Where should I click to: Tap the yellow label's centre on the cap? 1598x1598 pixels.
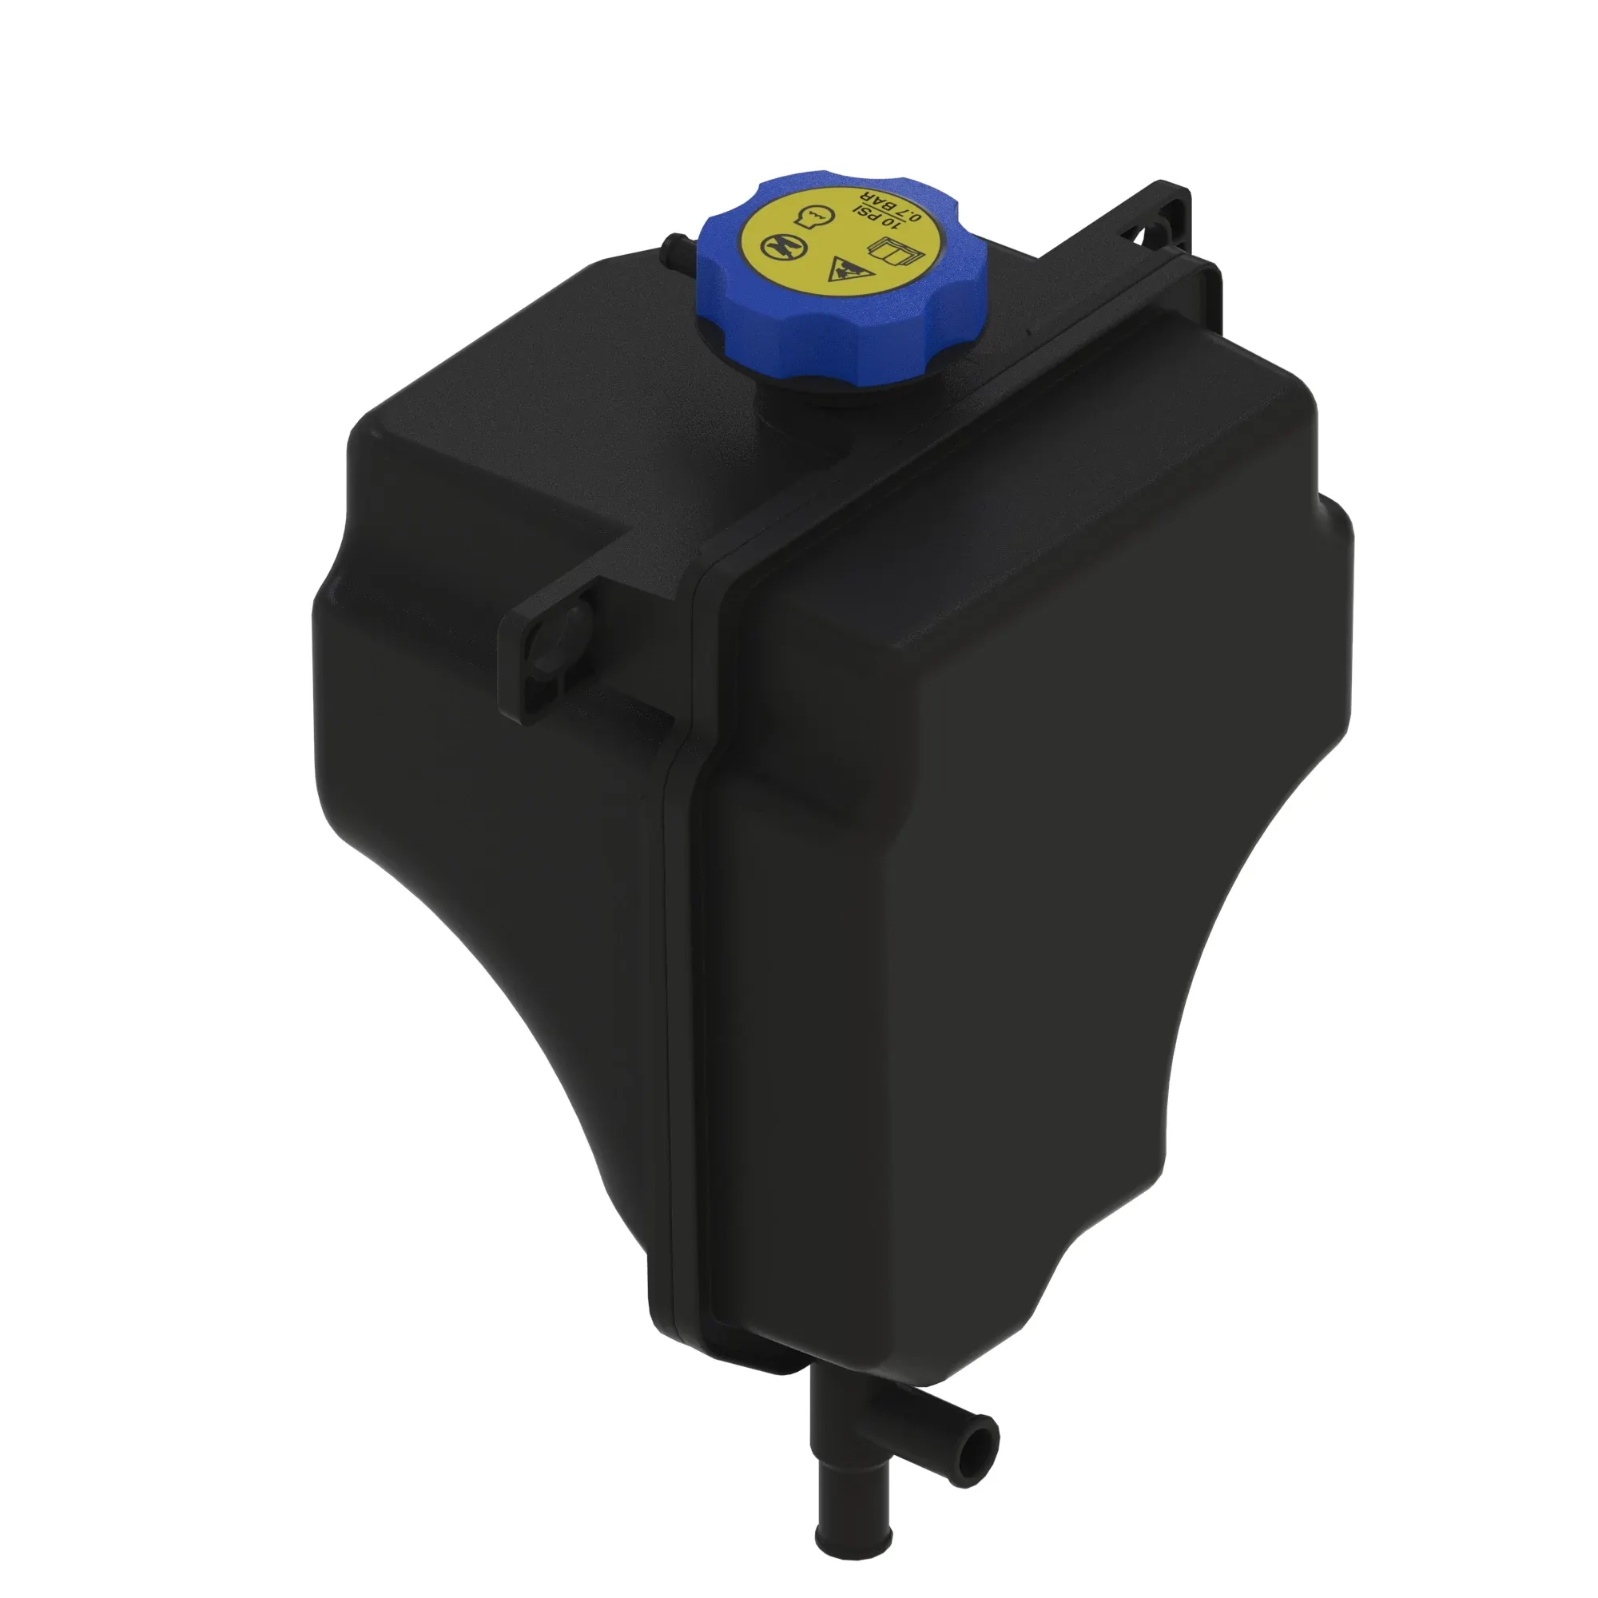coord(840,240)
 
